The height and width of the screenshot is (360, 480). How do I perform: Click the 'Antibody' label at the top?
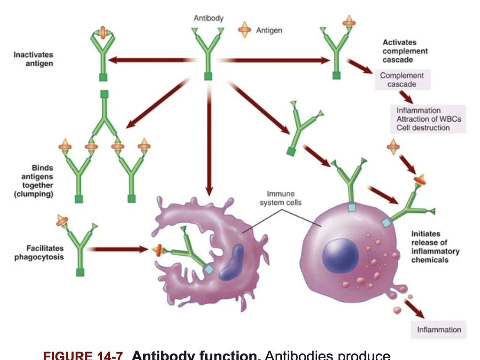pyautogui.click(x=209, y=18)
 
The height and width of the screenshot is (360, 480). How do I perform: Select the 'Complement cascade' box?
pyautogui.click(x=402, y=80)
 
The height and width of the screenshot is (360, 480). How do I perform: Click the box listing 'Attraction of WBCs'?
pyautogui.click(x=428, y=119)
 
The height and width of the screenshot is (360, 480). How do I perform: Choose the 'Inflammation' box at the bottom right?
pyautogui.click(x=439, y=329)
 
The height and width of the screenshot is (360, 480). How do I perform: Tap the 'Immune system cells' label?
pyautogui.click(x=280, y=198)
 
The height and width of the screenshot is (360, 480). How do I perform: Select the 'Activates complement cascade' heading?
pyautogui.click(x=404, y=51)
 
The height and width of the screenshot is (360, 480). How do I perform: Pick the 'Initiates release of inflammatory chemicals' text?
pyautogui.click(x=435, y=246)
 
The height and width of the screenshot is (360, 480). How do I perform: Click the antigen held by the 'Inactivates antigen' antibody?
pyautogui.click(x=103, y=32)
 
